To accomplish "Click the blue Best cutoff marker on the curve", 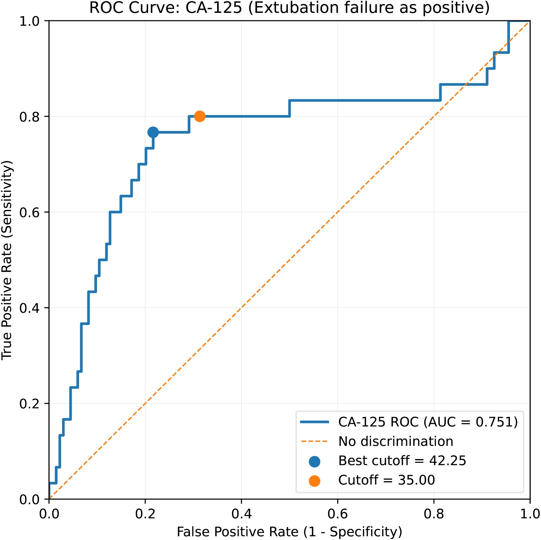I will tap(153, 132).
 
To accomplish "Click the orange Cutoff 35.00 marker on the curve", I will tap(199, 116).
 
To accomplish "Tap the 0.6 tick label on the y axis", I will tap(29, 213).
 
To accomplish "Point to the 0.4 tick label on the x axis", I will tap(241, 514).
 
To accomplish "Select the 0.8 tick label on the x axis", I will tap(433, 514).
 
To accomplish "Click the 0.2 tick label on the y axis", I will tap(29, 404).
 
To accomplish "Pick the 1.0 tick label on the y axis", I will tap(29, 21).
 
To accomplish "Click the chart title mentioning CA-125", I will tap(289, 8).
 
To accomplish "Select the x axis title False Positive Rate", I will tap(289, 532).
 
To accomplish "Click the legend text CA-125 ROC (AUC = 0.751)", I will tap(428, 422).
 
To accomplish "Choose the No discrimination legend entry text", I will tap(396, 441).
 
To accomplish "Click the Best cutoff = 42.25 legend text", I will tap(402, 461).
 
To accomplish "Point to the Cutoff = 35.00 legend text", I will tap(386, 480).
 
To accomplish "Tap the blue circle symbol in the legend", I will tap(314, 461).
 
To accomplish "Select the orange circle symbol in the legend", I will tap(314, 480).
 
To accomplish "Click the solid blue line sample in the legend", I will tap(314, 422).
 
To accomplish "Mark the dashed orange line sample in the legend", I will tap(314, 441).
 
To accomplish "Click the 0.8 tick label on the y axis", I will tap(29, 117).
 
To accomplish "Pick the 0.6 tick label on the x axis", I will tap(337, 514).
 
